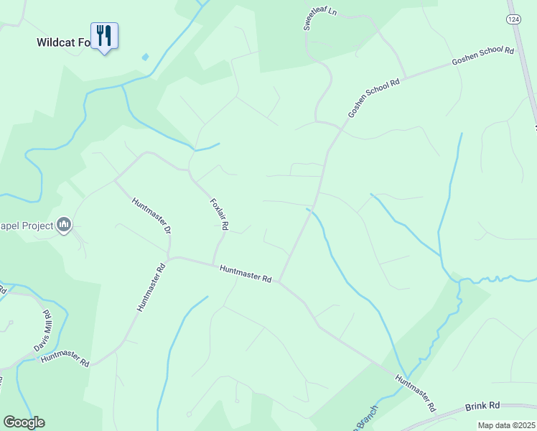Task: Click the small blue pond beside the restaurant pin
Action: pos(146,57)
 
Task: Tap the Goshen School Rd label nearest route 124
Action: pos(483,57)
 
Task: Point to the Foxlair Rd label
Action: pos(219,214)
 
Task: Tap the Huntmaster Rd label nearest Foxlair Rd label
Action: pos(246,273)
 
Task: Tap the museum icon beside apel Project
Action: pos(65,226)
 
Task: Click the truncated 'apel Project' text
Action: pos(27,226)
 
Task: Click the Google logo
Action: pos(24,422)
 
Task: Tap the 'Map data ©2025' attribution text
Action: pos(507,425)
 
